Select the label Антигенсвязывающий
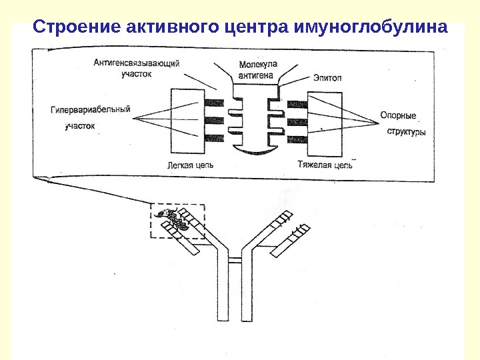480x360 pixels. click(x=137, y=63)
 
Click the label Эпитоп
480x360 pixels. click(x=327, y=78)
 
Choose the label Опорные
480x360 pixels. click(x=398, y=115)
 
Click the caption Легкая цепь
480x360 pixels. click(x=191, y=164)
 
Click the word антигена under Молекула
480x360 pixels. click(x=255, y=76)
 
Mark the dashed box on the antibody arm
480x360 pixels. click(x=178, y=221)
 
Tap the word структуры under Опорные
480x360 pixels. click(x=406, y=132)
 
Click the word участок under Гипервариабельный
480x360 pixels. click(x=80, y=125)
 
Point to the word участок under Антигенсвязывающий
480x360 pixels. click(x=137, y=75)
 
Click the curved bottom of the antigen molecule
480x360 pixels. click(x=256, y=151)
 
